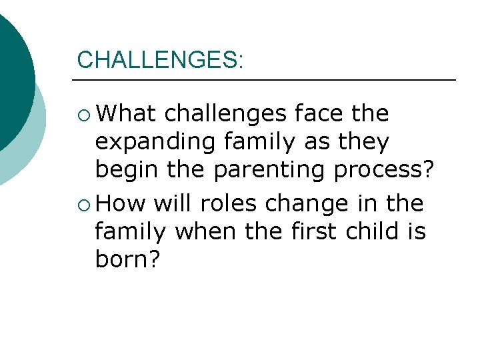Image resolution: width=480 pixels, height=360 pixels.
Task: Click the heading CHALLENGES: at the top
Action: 161,59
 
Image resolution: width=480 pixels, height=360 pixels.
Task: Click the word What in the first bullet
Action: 125,113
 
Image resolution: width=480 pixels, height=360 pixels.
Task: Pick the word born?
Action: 128,260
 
